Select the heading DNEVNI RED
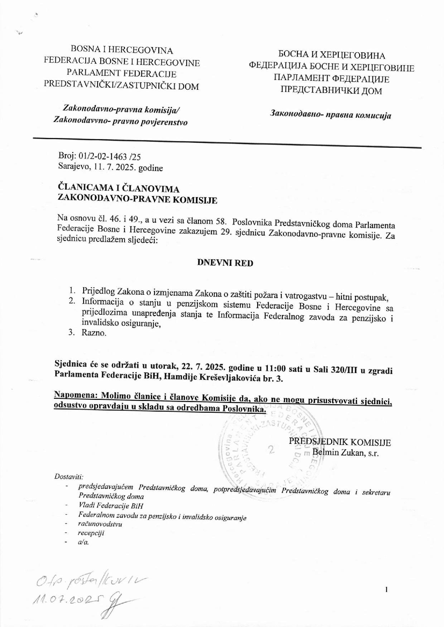(225, 263)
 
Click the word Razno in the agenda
(94, 333)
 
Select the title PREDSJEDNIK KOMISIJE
(340, 442)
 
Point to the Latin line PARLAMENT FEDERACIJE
(121, 74)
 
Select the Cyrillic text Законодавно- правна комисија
(330, 115)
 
